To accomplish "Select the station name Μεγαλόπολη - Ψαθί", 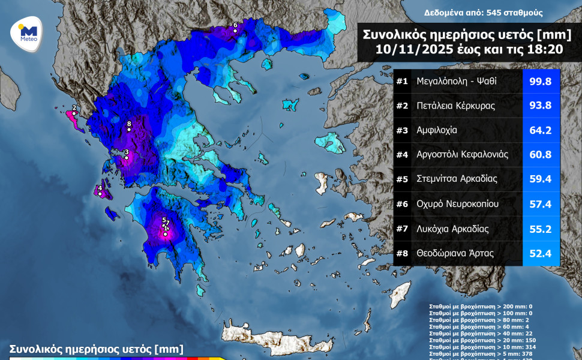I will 457,81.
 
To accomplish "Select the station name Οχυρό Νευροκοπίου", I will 460,204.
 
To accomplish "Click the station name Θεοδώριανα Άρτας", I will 455,253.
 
